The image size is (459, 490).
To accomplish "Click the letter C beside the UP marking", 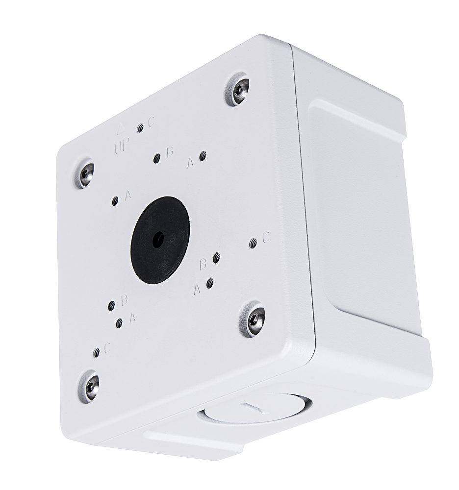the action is [x=152, y=122].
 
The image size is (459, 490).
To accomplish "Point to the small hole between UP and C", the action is [x=140, y=128].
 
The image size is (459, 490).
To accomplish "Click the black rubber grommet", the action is [x=160, y=240].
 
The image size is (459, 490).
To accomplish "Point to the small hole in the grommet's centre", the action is [x=158, y=240].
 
